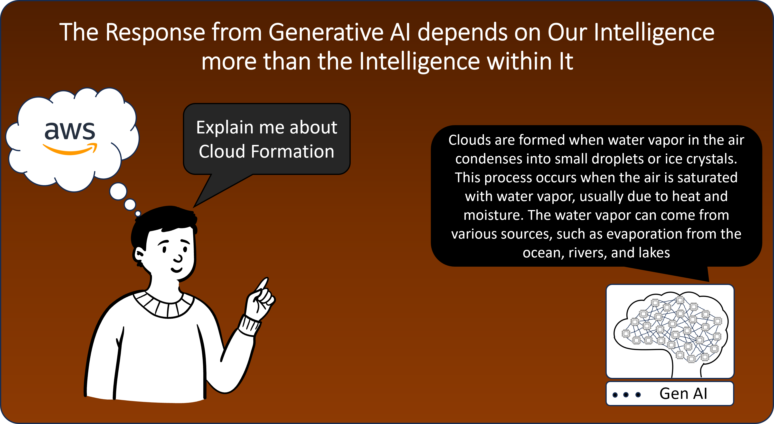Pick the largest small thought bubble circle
pyautogui.click(x=118, y=192)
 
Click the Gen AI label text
pyautogui.click(x=683, y=394)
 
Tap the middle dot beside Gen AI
pyautogui.click(x=626, y=394)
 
